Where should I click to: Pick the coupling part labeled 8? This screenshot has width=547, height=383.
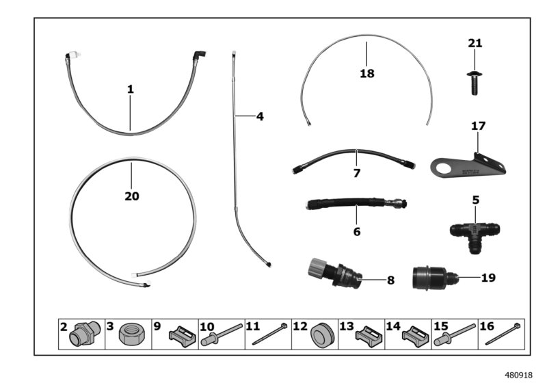click(333, 272)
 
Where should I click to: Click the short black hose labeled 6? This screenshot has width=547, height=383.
click(356, 203)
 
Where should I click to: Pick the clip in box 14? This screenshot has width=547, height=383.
click(415, 336)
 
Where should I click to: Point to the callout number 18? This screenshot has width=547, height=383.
click(367, 73)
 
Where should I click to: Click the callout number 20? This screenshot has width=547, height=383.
click(132, 196)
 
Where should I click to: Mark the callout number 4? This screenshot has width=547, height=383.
click(260, 116)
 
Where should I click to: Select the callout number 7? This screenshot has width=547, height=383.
click(356, 173)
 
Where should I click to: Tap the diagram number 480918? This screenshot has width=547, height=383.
click(519, 375)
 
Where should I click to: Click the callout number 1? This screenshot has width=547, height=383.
click(130, 90)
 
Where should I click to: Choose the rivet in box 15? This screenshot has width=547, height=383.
click(455, 334)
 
